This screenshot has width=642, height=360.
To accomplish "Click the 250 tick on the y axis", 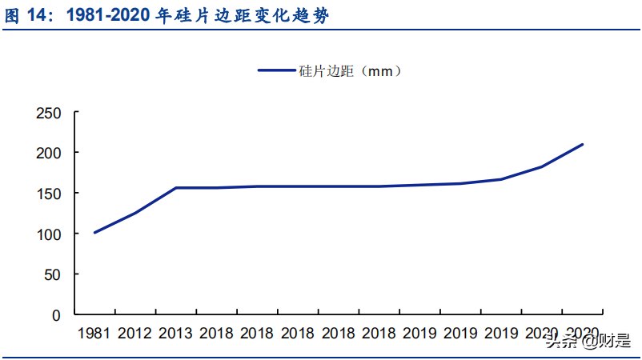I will (49, 112).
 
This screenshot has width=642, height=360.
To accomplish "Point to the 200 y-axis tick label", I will (49, 153).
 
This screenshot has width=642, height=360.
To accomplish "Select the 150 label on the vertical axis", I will (49, 194).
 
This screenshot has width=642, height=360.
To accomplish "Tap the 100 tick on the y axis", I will (49, 234).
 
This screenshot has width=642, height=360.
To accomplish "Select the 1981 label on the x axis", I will (94, 332).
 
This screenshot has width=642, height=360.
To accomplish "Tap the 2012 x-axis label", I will (134, 332).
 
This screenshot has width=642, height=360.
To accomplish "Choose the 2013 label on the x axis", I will (175, 332).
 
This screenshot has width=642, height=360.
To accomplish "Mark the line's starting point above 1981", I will (94, 233).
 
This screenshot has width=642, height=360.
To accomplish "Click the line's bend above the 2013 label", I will (176, 188).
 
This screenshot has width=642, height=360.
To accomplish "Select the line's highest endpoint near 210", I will (583, 144).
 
